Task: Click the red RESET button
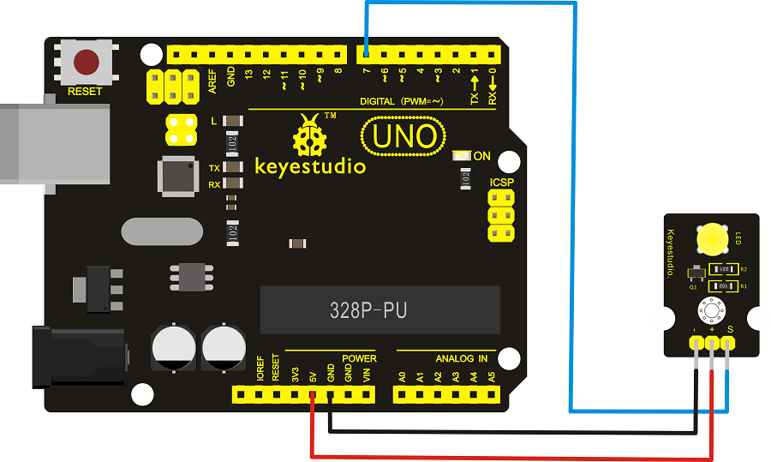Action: click(87, 62)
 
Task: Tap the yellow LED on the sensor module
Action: click(711, 237)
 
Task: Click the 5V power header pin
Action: click(312, 394)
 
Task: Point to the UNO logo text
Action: click(403, 136)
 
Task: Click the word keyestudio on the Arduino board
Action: click(310, 165)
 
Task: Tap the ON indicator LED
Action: click(463, 156)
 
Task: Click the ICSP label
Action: click(502, 183)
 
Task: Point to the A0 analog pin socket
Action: click(402, 394)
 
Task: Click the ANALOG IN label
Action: click(461, 358)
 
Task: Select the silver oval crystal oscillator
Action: click(163, 231)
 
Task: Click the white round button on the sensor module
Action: click(711, 309)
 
